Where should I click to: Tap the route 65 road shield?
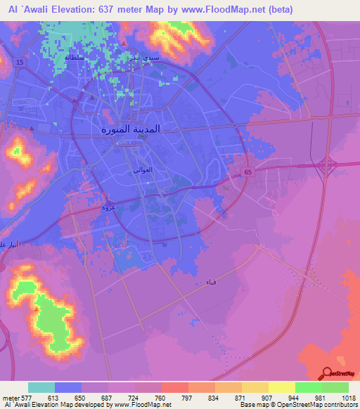(x=247, y=171)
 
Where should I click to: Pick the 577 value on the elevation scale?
(x=28, y=397)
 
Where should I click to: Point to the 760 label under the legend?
(x=160, y=397)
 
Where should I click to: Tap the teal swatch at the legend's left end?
(x=41, y=387)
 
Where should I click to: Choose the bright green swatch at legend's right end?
(x=335, y=387)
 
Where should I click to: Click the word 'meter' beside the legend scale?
(x=9, y=397)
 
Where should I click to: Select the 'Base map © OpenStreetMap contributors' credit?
(x=297, y=405)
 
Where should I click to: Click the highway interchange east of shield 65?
(x=326, y=167)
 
